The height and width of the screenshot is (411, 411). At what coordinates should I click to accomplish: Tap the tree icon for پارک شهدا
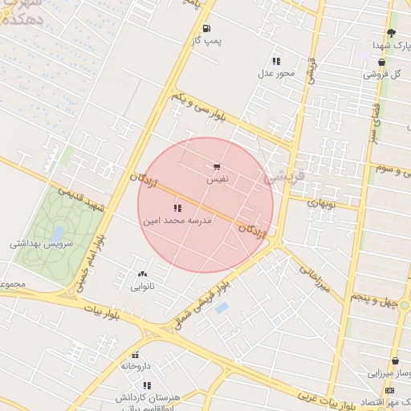[391, 33]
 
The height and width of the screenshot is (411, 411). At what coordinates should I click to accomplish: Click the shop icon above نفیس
[218, 168]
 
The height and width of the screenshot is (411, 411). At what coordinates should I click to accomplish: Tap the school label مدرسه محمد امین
[177, 219]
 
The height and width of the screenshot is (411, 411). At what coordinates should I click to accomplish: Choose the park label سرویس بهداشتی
[41, 242]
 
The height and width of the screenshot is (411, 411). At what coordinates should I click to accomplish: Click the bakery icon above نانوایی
[143, 275]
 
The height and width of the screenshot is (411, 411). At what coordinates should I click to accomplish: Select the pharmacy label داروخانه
[136, 365]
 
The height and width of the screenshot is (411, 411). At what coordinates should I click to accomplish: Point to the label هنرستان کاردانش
[146, 398]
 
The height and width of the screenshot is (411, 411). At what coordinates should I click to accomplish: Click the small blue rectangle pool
[222, 307]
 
